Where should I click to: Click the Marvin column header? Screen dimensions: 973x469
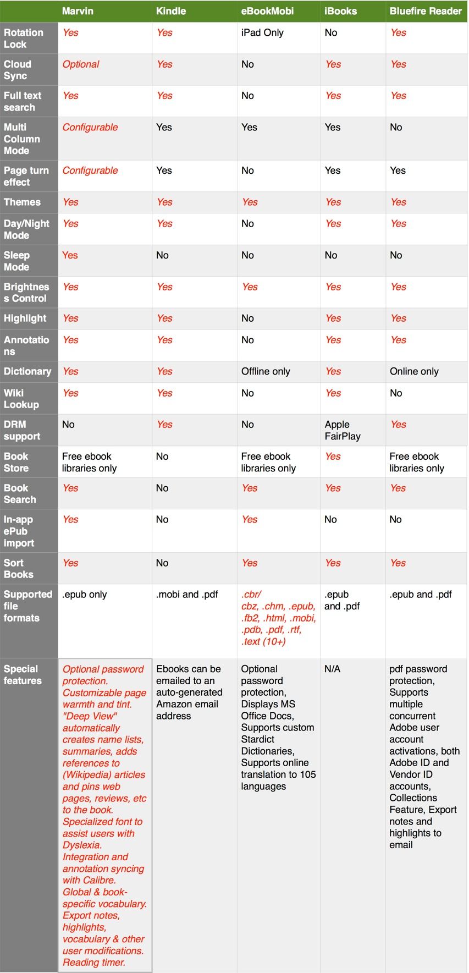(x=78, y=11)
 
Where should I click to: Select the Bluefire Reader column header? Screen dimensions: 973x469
(x=426, y=11)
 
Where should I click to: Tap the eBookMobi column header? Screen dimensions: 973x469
(x=267, y=11)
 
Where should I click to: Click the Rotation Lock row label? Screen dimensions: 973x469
(x=23, y=39)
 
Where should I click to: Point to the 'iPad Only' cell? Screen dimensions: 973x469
(x=262, y=32)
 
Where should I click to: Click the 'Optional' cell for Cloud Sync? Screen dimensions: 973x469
(x=81, y=64)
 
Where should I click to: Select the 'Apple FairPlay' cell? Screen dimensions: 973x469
(x=343, y=430)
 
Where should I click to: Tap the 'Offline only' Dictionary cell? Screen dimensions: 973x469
(x=266, y=371)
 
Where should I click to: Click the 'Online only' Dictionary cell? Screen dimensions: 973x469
(x=414, y=371)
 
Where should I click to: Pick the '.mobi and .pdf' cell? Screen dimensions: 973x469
(x=187, y=594)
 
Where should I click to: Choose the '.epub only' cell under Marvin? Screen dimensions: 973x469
(x=85, y=594)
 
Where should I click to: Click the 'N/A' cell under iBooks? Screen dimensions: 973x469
(x=332, y=669)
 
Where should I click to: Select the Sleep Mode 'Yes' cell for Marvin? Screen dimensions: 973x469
(x=70, y=255)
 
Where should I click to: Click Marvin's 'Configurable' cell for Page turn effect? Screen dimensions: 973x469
(x=90, y=171)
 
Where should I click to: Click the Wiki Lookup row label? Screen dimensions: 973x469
(x=21, y=399)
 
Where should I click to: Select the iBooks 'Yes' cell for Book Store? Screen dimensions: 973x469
(x=333, y=457)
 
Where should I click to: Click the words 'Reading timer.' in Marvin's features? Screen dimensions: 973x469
(x=94, y=962)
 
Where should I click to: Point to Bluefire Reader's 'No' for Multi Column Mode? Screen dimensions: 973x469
(x=396, y=128)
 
